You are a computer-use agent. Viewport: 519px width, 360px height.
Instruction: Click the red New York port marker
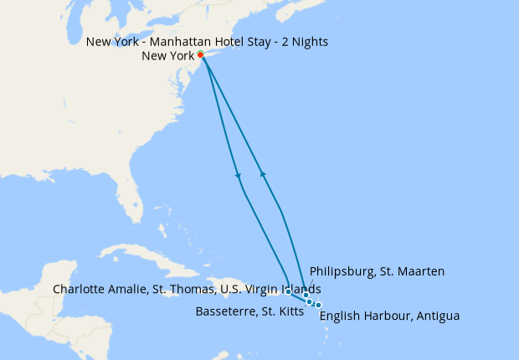pos(201,56)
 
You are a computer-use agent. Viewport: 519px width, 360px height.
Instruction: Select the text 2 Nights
pos(305,41)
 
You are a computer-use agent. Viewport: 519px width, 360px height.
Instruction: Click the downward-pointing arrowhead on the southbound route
pos(239,176)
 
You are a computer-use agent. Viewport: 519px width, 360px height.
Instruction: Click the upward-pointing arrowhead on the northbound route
pos(264,174)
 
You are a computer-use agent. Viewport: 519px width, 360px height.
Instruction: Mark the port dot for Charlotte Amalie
pos(288,291)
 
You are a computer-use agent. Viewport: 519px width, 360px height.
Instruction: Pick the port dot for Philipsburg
pos(306,296)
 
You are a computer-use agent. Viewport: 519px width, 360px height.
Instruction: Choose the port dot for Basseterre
pos(311,301)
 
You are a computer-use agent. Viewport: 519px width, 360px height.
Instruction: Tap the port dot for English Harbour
pos(318,305)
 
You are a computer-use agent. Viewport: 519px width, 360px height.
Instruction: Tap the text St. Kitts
pos(280,311)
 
